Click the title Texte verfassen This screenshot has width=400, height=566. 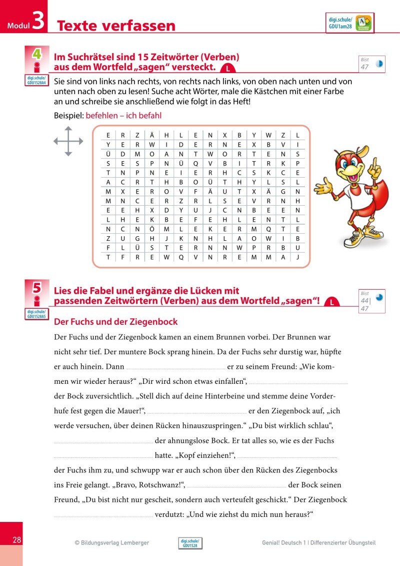coord(116,26)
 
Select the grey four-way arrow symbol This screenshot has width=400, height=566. coord(68,142)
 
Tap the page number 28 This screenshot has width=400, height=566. coord(16,540)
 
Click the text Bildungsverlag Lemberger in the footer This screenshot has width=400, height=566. coord(115,542)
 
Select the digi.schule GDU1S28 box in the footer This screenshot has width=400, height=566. coord(190,543)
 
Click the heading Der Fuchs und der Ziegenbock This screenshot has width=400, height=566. coord(115,322)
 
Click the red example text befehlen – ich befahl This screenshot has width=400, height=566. coord(123,116)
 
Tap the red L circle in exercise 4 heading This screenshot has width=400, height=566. coord(228,69)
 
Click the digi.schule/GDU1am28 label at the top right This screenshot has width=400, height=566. coord(340,23)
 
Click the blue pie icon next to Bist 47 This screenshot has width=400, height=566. coord(379,64)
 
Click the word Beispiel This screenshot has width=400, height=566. coord(68,116)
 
